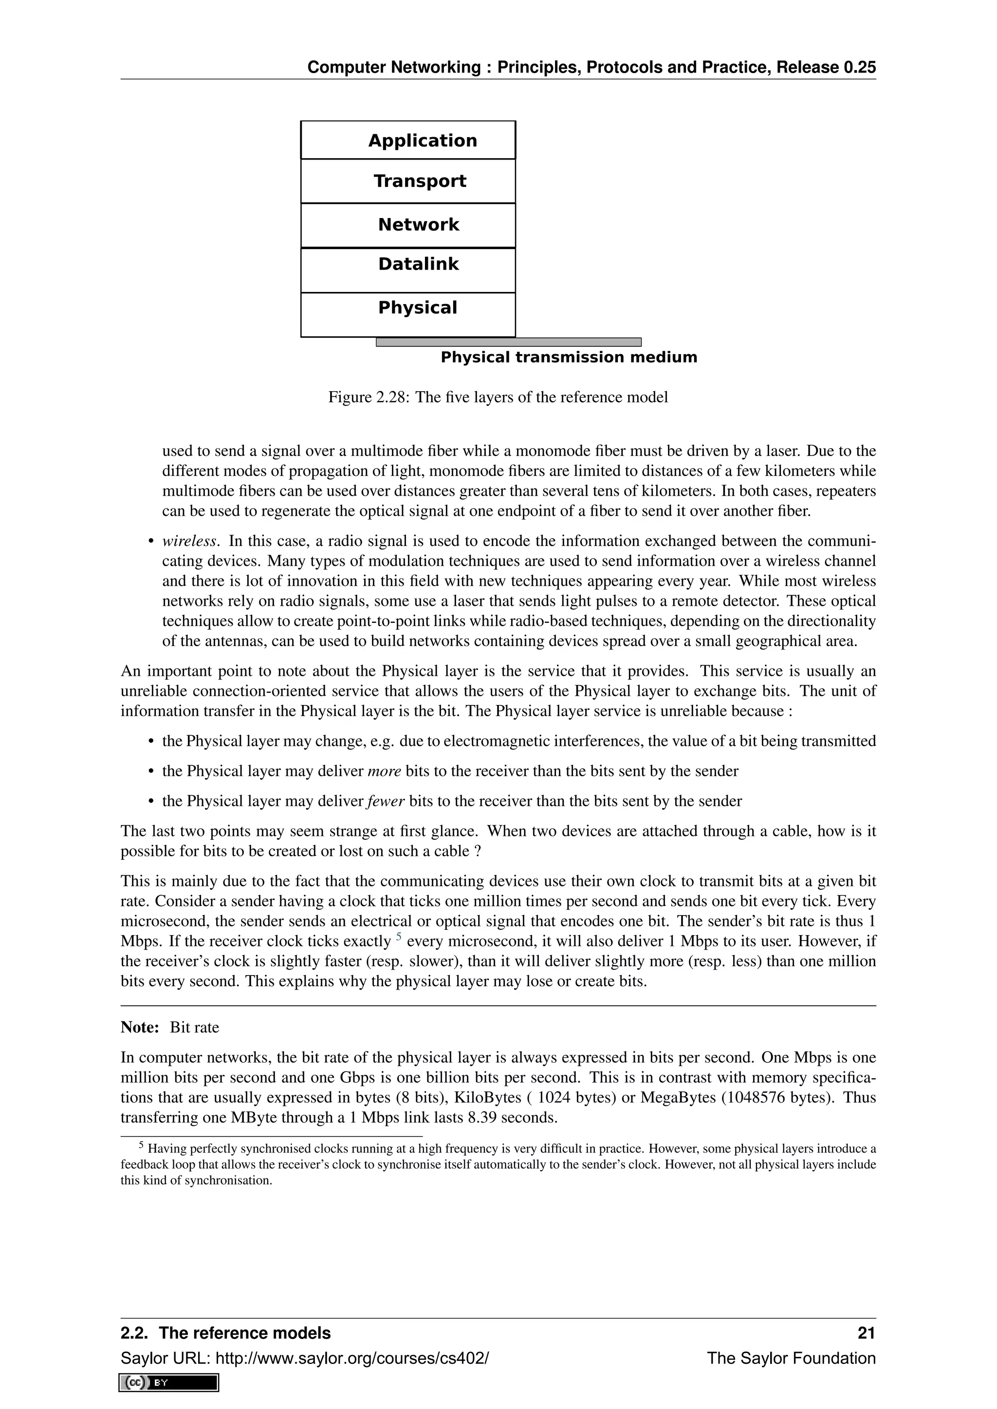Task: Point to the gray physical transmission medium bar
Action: pos(508,342)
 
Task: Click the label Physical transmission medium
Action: pos(569,357)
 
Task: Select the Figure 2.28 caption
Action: pos(498,397)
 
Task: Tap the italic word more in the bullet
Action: pos(384,771)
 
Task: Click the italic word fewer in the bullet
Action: pos(386,801)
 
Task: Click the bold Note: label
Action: pos(140,1027)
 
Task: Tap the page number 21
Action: pos(866,1333)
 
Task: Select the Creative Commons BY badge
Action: pos(169,1383)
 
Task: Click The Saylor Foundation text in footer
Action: pos(791,1358)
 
